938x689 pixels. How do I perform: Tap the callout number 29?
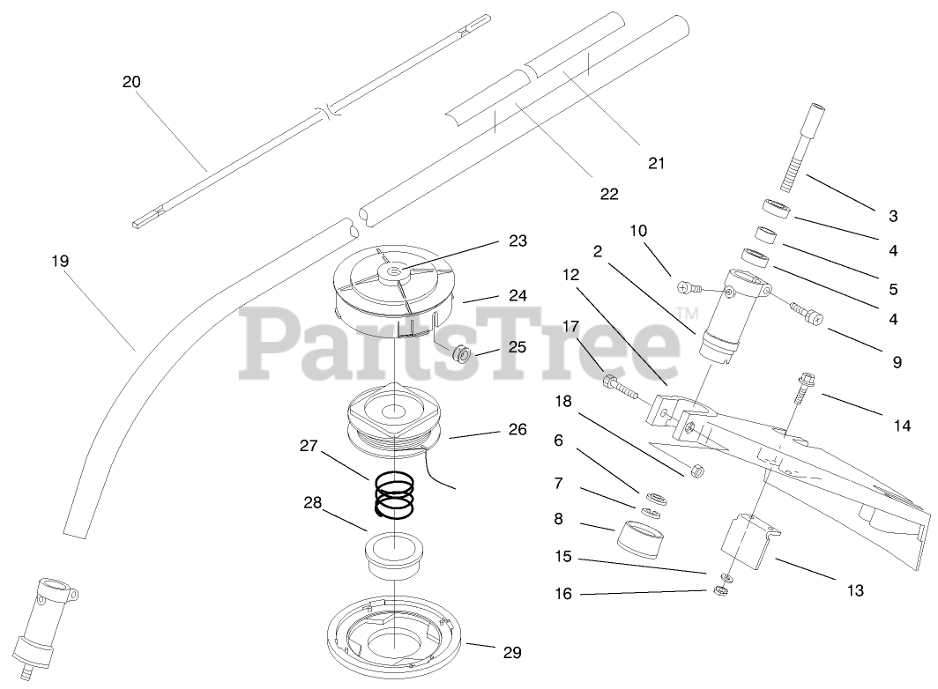511,653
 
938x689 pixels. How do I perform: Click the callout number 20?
131,82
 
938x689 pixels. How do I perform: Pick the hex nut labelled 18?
694,470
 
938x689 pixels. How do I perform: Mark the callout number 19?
60,262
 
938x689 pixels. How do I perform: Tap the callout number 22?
609,193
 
